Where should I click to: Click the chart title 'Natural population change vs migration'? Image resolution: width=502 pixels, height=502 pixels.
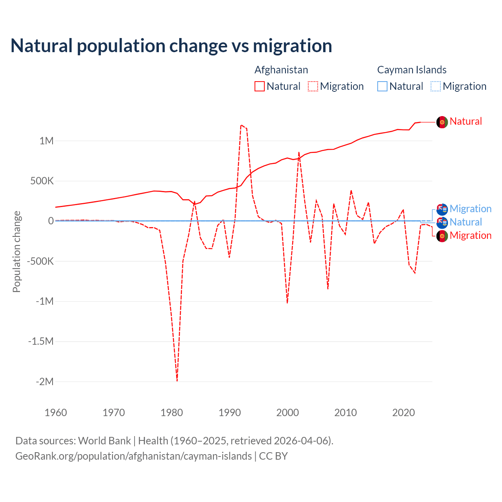pyautogui.click(x=171, y=46)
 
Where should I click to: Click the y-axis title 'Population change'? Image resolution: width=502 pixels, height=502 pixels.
pyautogui.click(x=16, y=251)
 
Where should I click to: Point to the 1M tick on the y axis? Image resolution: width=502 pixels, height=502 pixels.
pyautogui.click(x=46, y=141)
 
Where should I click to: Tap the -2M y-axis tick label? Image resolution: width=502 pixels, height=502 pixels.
pyautogui.click(x=44, y=382)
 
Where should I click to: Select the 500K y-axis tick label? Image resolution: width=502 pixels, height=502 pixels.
pyautogui.click(x=40, y=181)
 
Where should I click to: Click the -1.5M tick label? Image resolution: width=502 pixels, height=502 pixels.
pyautogui.click(x=41, y=341)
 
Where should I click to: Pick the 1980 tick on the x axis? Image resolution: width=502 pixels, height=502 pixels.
pyautogui.click(x=172, y=413)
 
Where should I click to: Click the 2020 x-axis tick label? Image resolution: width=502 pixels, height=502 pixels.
pyautogui.click(x=404, y=413)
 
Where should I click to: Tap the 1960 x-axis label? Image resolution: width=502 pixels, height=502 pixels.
pyautogui.click(x=56, y=413)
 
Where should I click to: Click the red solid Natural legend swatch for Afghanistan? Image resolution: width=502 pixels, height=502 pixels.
pyautogui.click(x=260, y=86)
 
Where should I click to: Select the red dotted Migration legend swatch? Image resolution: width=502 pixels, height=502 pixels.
pyautogui.click(x=313, y=86)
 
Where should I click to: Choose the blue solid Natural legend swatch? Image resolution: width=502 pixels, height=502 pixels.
pyautogui.click(x=382, y=86)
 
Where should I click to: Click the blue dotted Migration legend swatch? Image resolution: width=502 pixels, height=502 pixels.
pyautogui.click(x=436, y=86)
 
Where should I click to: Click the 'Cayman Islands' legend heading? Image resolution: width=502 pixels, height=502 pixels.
pyautogui.click(x=412, y=70)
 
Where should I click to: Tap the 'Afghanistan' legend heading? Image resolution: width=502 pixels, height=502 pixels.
pyautogui.click(x=281, y=70)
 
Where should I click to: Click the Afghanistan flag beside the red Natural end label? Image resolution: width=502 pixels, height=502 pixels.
pyautogui.click(x=442, y=122)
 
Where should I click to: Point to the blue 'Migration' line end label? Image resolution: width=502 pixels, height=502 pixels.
pyautogui.click(x=471, y=209)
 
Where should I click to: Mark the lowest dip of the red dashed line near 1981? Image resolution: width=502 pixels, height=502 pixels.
pyautogui.click(x=177, y=380)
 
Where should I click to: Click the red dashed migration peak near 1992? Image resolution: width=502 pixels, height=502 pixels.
pyautogui.click(x=241, y=125)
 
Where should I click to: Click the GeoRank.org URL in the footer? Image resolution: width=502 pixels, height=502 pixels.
pyautogui.click(x=134, y=456)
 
